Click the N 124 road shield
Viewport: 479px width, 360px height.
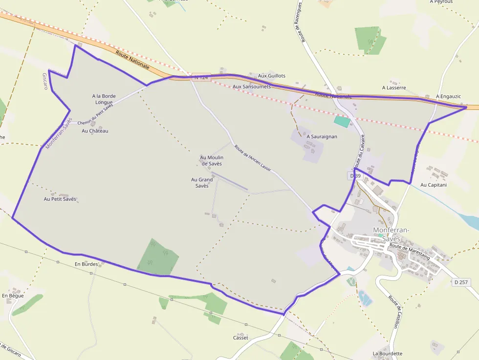click(201, 77)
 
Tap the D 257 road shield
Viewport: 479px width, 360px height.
click(461, 282)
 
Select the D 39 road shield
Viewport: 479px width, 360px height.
click(355, 175)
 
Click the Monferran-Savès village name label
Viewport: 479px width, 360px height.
click(391, 234)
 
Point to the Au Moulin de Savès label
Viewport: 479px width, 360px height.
click(212, 160)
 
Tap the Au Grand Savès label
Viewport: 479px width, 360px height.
click(202, 182)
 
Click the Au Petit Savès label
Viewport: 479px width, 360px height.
click(60, 199)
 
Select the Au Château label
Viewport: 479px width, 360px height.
click(95, 131)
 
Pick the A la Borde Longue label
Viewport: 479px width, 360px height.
click(104, 99)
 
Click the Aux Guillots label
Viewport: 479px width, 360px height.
click(271, 76)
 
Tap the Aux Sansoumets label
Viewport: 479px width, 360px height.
click(251, 86)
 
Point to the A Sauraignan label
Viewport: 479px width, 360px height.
click(322, 137)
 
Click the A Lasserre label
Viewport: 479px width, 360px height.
click(394, 88)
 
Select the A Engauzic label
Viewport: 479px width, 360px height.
click(448, 96)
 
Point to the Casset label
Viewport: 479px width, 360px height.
click(240, 338)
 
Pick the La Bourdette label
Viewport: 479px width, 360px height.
click(388, 353)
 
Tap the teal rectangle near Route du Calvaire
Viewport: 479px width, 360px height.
click(342, 121)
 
